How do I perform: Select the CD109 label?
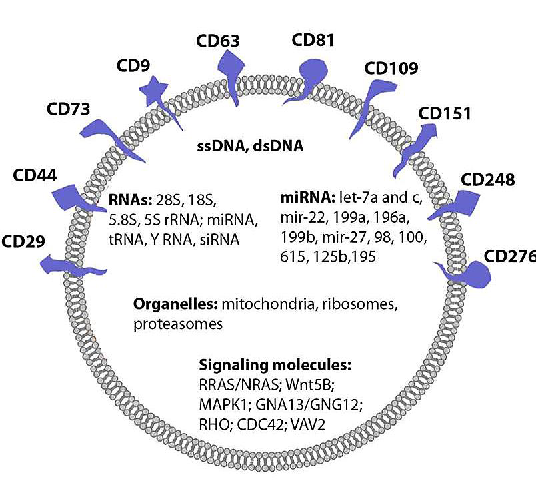coord(391,69)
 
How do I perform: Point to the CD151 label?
coord(444,113)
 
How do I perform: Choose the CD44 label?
coord(34,177)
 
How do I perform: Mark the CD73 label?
coord(68,108)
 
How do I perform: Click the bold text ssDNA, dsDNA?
coord(249,146)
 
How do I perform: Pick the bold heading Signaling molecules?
coord(275,366)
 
